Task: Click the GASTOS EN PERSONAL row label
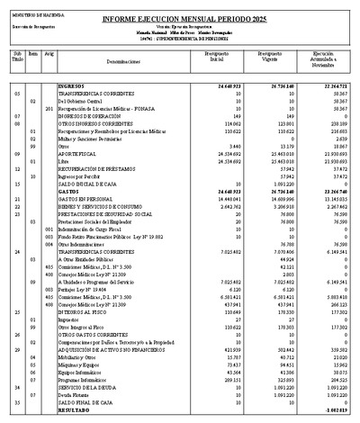tap(88, 199)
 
